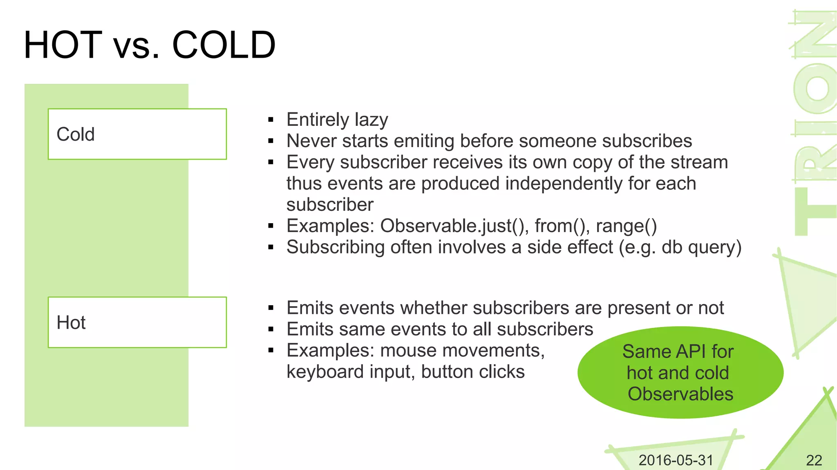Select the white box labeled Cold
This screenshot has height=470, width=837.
click(137, 134)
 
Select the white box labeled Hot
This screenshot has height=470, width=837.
click(137, 322)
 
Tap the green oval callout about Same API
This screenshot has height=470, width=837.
click(680, 372)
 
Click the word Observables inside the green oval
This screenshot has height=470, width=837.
click(680, 394)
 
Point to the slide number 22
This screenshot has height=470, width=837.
click(814, 460)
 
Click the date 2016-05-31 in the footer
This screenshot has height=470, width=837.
click(676, 460)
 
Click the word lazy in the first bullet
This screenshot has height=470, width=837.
click(371, 120)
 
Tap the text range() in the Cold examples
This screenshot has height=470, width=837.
click(626, 226)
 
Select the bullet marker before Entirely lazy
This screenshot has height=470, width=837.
click(271, 120)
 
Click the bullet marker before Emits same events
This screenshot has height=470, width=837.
click(271, 329)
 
